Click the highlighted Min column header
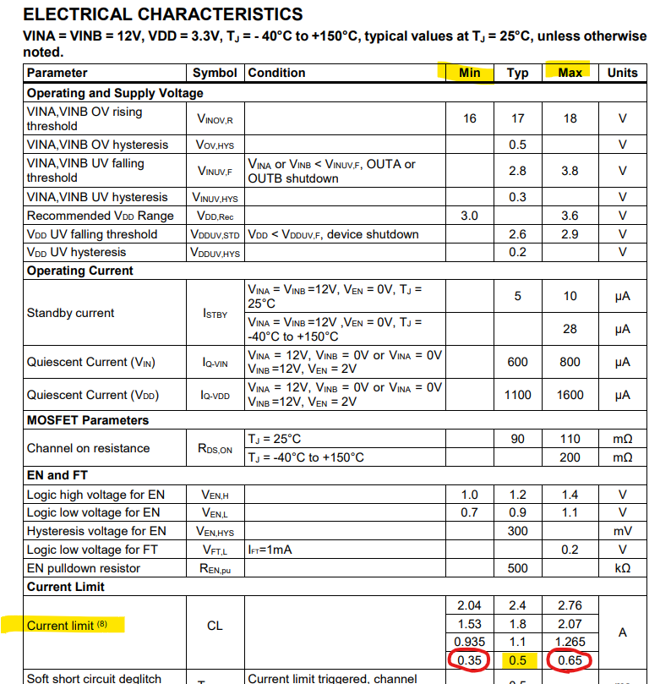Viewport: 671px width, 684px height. pyautogui.click(x=469, y=73)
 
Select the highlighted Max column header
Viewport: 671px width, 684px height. pyautogui.click(x=570, y=73)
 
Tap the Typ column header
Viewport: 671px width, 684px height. pyautogui.click(x=517, y=73)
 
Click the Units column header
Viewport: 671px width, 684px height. pyautogui.click(x=622, y=73)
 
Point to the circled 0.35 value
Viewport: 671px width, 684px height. pyautogui.click(x=469, y=660)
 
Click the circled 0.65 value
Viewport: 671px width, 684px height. pyautogui.click(x=570, y=660)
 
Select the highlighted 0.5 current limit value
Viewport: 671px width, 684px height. pyautogui.click(x=517, y=660)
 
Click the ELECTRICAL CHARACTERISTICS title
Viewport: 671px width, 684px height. pyautogui.click(x=162, y=14)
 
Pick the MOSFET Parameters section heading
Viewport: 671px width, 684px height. pyautogui.click(x=88, y=420)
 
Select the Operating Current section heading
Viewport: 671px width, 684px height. pyautogui.click(x=80, y=271)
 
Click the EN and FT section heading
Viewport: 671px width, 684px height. pyautogui.click(x=57, y=475)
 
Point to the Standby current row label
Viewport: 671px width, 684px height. pyautogui.click(x=70, y=313)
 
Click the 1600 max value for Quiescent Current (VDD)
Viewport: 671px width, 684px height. pyautogui.click(x=570, y=395)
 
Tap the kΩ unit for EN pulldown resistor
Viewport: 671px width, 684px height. pyautogui.click(x=622, y=568)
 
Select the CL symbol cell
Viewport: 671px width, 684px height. pyautogui.click(x=215, y=626)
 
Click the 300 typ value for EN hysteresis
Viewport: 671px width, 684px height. pyautogui.click(x=517, y=531)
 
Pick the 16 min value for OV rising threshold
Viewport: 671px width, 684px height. pyautogui.click(x=469, y=118)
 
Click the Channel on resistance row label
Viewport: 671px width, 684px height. pyautogui.click(x=88, y=448)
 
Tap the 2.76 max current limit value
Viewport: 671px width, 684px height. pyautogui.click(x=570, y=605)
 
